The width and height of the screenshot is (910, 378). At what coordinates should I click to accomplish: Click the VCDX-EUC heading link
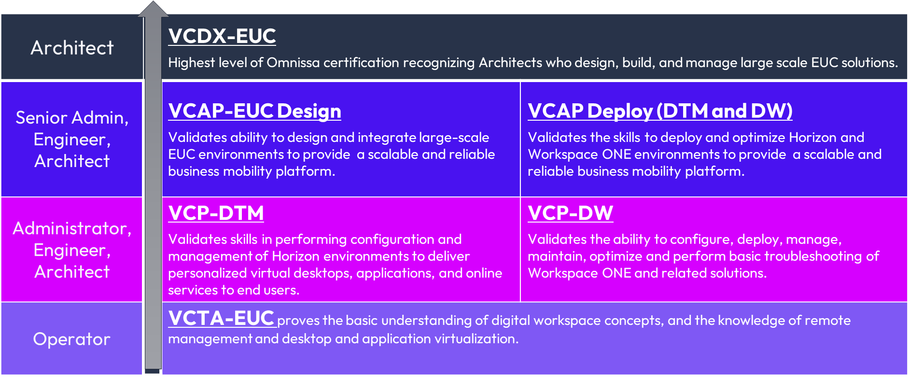pyautogui.click(x=222, y=36)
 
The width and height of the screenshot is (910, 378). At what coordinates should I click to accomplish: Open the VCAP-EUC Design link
pyautogui.click(x=254, y=111)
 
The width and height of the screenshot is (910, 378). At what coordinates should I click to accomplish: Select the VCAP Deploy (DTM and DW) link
pyautogui.click(x=660, y=111)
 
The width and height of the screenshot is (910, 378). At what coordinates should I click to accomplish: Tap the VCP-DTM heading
pyautogui.click(x=216, y=213)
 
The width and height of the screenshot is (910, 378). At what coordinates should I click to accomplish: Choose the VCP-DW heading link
pyautogui.click(x=570, y=213)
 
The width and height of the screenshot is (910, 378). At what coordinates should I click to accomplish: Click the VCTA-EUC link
pyautogui.click(x=221, y=318)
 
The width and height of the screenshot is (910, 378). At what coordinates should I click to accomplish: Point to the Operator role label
pyautogui.click(x=72, y=339)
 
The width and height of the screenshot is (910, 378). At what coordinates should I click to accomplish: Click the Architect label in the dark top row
pyautogui.click(x=72, y=48)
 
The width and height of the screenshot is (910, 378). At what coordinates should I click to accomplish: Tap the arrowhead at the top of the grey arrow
pyautogui.click(x=153, y=9)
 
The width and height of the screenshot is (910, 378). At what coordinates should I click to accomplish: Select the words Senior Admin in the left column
pyautogui.click(x=72, y=118)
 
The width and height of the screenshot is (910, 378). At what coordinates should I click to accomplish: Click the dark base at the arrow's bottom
pyautogui.click(x=152, y=371)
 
